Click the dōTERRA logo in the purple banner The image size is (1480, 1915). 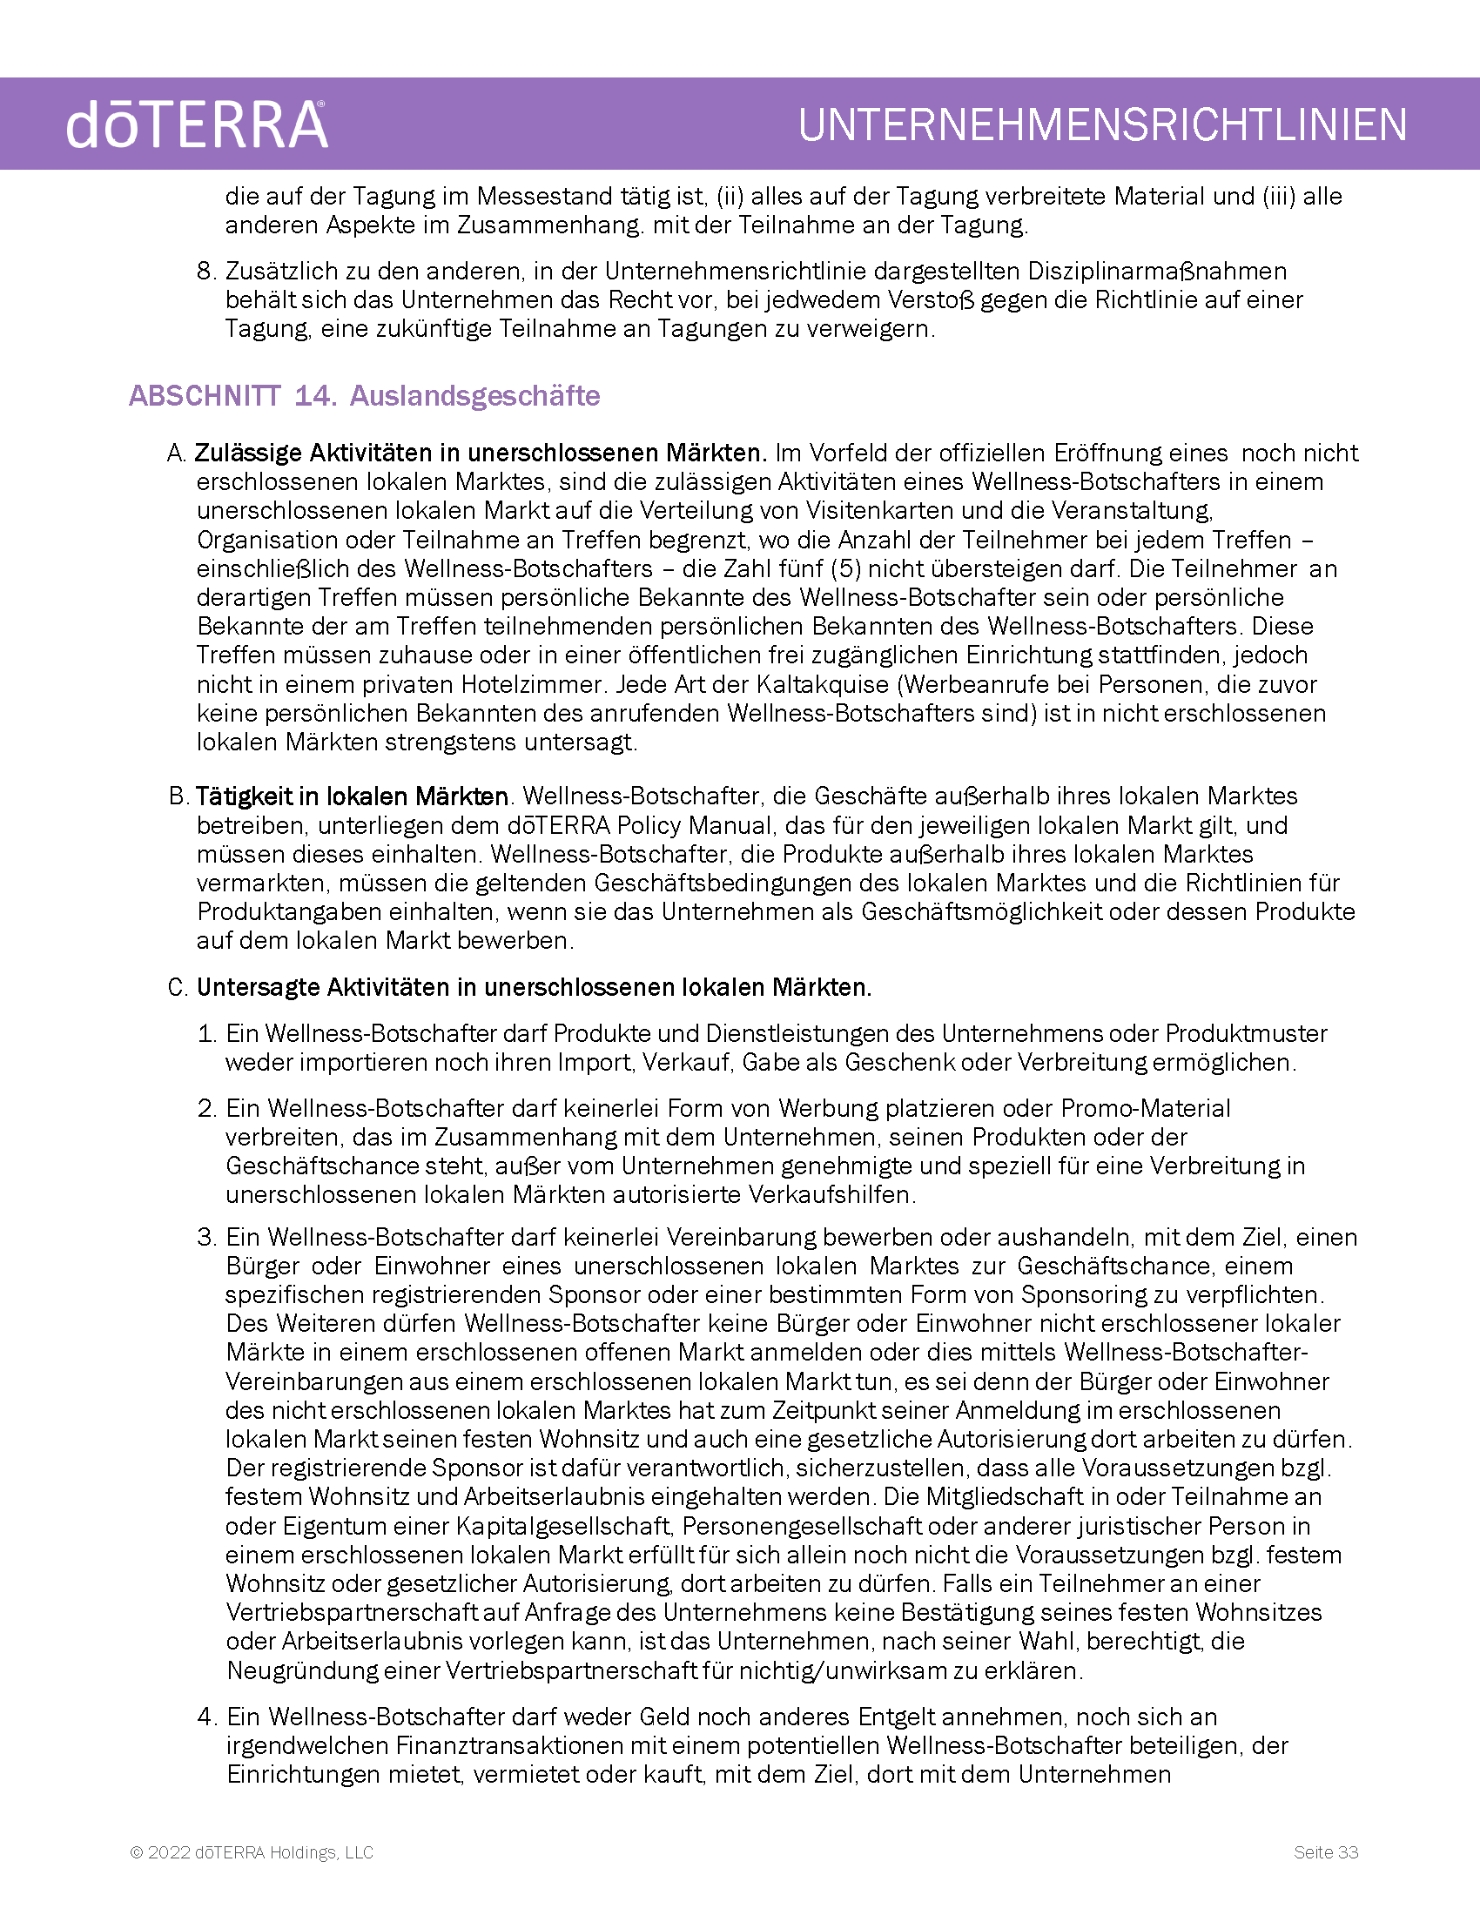point(198,124)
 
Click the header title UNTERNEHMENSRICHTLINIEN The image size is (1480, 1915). point(1102,124)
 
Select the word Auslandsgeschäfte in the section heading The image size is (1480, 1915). point(474,396)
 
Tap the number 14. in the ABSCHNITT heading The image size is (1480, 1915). point(315,396)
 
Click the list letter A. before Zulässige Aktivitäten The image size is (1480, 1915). point(176,454)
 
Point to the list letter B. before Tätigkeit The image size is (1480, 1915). point(178,796)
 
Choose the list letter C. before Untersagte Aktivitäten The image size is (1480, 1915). point(178,988)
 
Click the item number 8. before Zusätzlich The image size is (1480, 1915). point(206,272)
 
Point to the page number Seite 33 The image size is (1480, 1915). point(1326,1851)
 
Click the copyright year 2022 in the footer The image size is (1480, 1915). point(168,1851)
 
